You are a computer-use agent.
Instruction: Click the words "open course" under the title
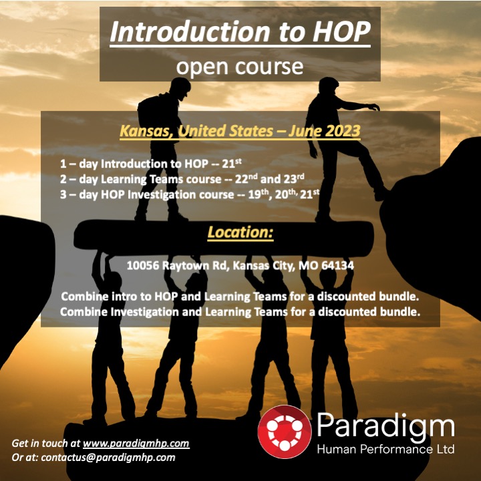tap(240, 66)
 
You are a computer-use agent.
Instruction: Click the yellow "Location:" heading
tap(240, 233)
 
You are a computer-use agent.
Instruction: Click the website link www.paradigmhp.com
tap(136, 443)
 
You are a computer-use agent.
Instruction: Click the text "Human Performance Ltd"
tap(385, 449)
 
